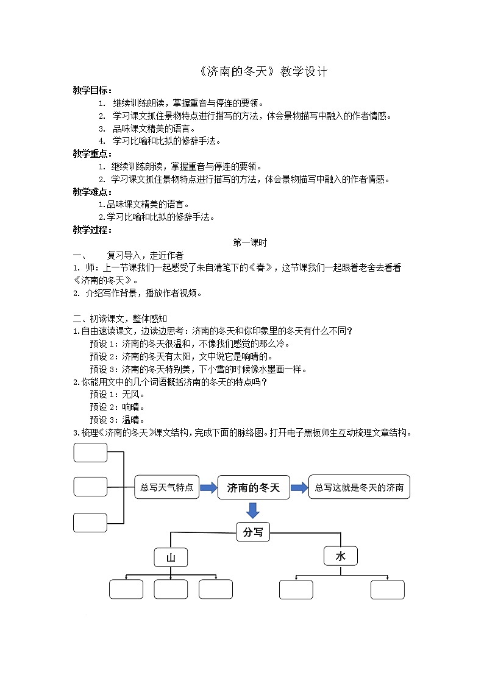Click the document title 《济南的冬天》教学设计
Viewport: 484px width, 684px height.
click(x=263, y=72)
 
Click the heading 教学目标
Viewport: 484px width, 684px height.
click(x=91, y=90)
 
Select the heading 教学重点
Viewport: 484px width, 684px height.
click(x=91, y=153)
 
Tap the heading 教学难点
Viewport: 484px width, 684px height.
click(x=91, y=192)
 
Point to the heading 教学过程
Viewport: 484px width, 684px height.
click(x=91, y=230)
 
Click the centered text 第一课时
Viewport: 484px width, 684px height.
click(x=250, y=242)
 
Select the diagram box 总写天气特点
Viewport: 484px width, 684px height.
click(x=166, y=487)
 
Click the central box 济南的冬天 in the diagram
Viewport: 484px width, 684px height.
click(x=253, y=487)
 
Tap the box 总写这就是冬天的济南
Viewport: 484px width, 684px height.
click(x=359, y=487)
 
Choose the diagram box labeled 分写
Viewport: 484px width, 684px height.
click(x=252, y=532)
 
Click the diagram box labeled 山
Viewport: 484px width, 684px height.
click(x=171, y=557)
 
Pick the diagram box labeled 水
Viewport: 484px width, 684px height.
click(x=340, y=555)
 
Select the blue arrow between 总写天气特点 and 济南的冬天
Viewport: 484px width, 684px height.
click(x=208, y=487)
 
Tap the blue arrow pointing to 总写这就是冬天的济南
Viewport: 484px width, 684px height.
click(x=299, y=487)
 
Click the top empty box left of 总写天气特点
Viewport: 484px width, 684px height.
click(x=90, y=453)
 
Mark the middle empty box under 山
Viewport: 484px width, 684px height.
click(x=171, y=589)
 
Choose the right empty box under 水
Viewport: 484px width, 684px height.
click(x=387, y=589)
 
